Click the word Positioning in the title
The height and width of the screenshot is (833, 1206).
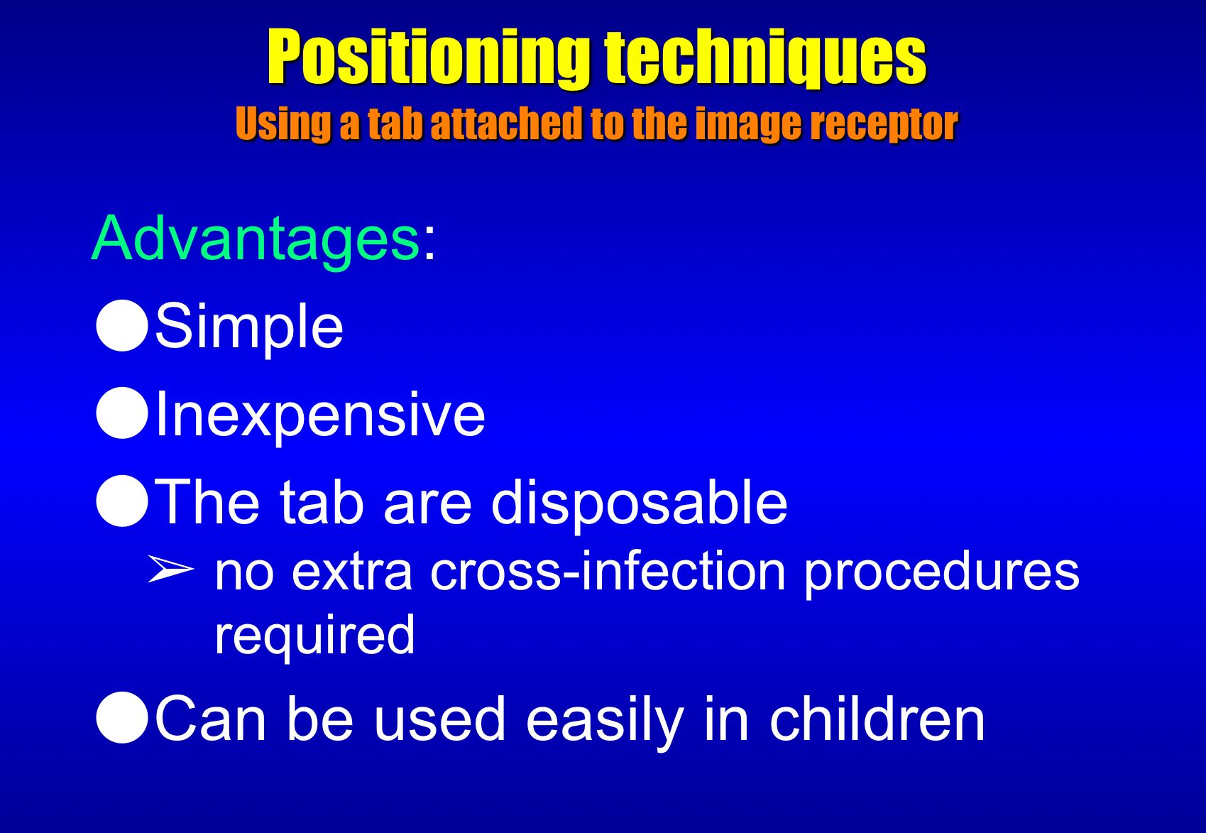[429, 58]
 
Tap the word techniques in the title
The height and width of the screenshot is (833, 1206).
[765, 58]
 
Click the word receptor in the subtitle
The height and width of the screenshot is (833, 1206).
[884, 124]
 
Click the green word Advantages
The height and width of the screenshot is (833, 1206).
[256, 239]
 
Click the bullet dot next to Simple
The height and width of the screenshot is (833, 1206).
[122, 326]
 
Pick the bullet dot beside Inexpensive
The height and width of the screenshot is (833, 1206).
[122, 413]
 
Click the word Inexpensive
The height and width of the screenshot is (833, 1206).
[320, 415]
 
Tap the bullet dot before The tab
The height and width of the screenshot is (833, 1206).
[122, 501]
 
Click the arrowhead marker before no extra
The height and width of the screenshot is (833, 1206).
[170, 569]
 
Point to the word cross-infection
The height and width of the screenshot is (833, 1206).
[608, 572]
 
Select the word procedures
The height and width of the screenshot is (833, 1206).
[942, 574]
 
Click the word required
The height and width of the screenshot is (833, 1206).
[315, 637]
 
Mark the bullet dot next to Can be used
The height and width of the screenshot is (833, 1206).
[122, 718]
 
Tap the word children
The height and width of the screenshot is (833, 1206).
[877, 719]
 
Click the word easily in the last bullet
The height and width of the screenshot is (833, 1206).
[605, 722]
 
